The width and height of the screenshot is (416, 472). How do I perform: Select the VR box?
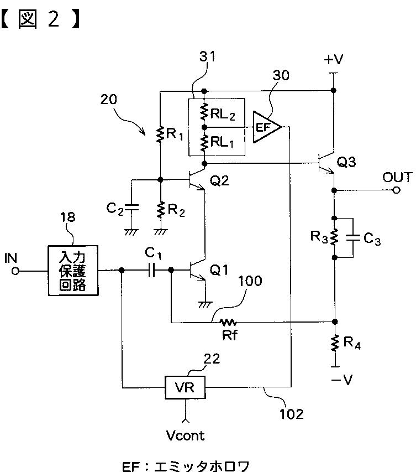185,387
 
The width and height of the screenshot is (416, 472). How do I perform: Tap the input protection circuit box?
73,271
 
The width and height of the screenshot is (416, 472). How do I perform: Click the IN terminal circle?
15,271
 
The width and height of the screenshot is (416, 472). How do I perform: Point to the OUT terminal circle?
397,190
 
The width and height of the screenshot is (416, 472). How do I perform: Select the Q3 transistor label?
346,162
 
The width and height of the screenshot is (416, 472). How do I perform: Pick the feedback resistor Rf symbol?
228,323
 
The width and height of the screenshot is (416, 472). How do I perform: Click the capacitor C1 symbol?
152,271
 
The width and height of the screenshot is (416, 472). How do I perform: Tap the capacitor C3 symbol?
353,237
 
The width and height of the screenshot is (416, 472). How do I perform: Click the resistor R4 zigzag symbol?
335,343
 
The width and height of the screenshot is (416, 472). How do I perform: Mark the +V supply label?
333,60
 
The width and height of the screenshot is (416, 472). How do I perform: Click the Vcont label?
185,435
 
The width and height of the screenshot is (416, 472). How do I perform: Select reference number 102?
291,414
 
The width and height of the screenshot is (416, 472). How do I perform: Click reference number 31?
207,56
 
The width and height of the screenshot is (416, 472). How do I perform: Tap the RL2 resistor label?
223,114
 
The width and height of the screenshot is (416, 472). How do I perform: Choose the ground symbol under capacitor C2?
131,232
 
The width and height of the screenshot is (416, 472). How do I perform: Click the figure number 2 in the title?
54,19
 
